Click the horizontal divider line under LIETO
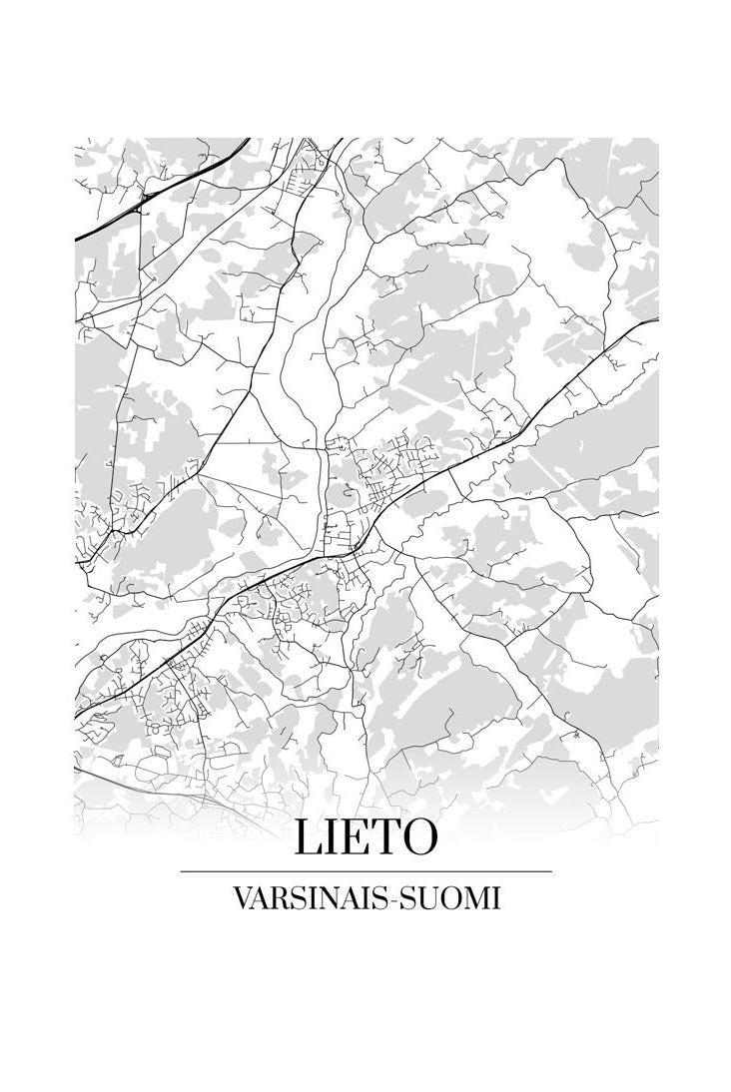[x=365, y=871]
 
